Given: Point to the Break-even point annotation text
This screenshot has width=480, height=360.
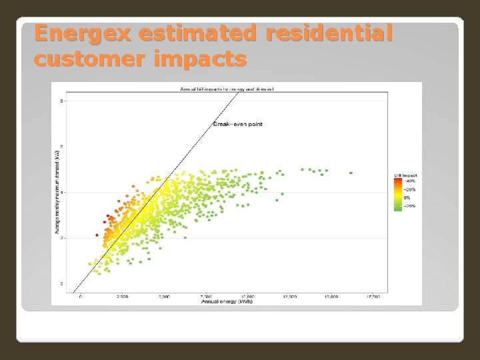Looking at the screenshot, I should tap(237, 123).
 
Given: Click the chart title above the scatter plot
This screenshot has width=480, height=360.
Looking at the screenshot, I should tap(227, 89).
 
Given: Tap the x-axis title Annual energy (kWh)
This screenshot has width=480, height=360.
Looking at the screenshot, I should tap(227, 301).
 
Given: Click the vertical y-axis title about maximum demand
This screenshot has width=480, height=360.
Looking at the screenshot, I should tap(58, 193).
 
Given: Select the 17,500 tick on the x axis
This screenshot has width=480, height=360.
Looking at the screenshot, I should tap(373, 297).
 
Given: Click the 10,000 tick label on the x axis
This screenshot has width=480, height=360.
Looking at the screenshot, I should tap(247, 297).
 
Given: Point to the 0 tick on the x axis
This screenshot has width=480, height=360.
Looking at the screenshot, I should tap(81, 297).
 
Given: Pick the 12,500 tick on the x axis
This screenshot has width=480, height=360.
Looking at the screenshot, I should tap(289, 297).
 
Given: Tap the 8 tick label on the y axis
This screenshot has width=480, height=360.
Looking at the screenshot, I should tap(62, 101).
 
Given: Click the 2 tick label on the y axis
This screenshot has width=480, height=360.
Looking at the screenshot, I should tap(62, 238).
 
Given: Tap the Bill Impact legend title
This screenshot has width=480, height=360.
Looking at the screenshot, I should tap(405, 175).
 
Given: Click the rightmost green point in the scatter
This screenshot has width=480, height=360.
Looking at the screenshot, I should tap(351, 173).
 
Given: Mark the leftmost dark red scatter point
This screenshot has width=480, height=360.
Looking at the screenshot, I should tap(97, 235).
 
